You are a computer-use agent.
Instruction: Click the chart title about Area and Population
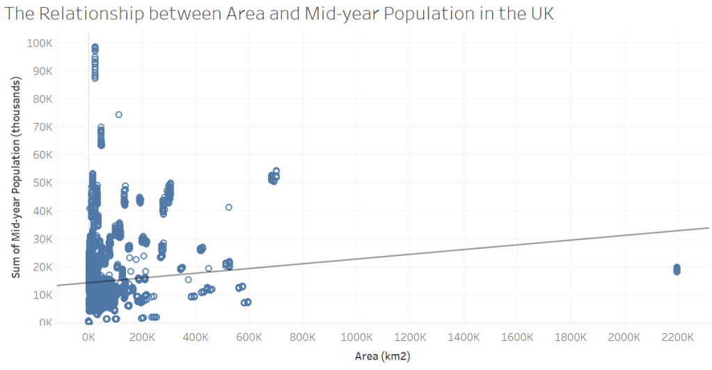pos(279,15)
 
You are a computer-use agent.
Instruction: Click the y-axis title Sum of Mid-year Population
pos(15,178)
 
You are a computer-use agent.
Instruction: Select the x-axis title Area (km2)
pos(382,355)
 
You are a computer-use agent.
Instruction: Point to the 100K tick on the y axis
pos(39,43)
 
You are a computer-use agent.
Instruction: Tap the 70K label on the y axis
pos(41,127)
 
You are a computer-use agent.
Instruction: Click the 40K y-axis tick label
pos(41,211)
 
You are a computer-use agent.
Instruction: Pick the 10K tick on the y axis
pos(41,295)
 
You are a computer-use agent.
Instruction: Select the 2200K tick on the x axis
pos(677,337)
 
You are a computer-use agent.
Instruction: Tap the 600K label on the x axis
pos(249,337)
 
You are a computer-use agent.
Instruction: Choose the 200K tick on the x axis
pos(142,337)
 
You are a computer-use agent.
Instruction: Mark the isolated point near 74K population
pos(118,115)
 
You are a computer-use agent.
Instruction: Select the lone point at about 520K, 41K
pos(228,207)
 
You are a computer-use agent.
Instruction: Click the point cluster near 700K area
pos(274,177)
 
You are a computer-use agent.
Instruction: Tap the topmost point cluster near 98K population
pos(95,48)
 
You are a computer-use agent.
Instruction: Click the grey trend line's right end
pos(706,228)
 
